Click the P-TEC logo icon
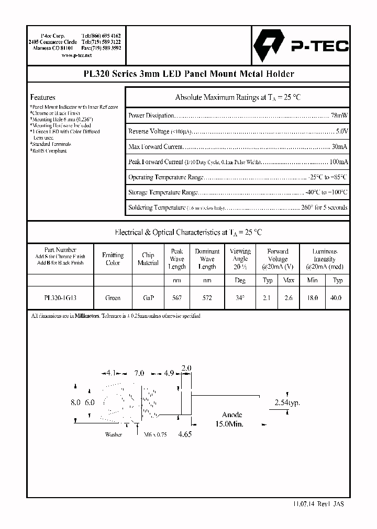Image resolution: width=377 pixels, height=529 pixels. (x=269, y=46)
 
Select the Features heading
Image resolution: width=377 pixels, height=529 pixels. (x=42, y=97)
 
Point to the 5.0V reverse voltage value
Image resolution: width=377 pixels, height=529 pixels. (x=341, y=131)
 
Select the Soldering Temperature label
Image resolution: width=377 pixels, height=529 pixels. (x=156, y=208)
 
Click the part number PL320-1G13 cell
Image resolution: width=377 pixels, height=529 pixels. (x=60, y=297)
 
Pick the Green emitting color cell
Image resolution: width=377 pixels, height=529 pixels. (x=113, y=297)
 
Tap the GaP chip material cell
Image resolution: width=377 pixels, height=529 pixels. (x=148, y=297)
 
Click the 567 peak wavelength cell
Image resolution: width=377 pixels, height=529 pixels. (x=177, y=297)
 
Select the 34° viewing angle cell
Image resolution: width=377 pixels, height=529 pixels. (x=240, y=297)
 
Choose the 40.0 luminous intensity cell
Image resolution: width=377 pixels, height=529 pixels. (x=337, y=297)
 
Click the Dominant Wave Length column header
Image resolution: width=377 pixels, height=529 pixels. (x=207, y=259)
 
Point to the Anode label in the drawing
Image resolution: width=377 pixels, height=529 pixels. (x=232, y=415)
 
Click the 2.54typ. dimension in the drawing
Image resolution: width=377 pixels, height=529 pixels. (x=287, y=403)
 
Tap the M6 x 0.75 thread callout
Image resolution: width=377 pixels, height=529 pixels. (x=154, y=434)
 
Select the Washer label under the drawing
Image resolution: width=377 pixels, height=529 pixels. (x=114, y=434)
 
